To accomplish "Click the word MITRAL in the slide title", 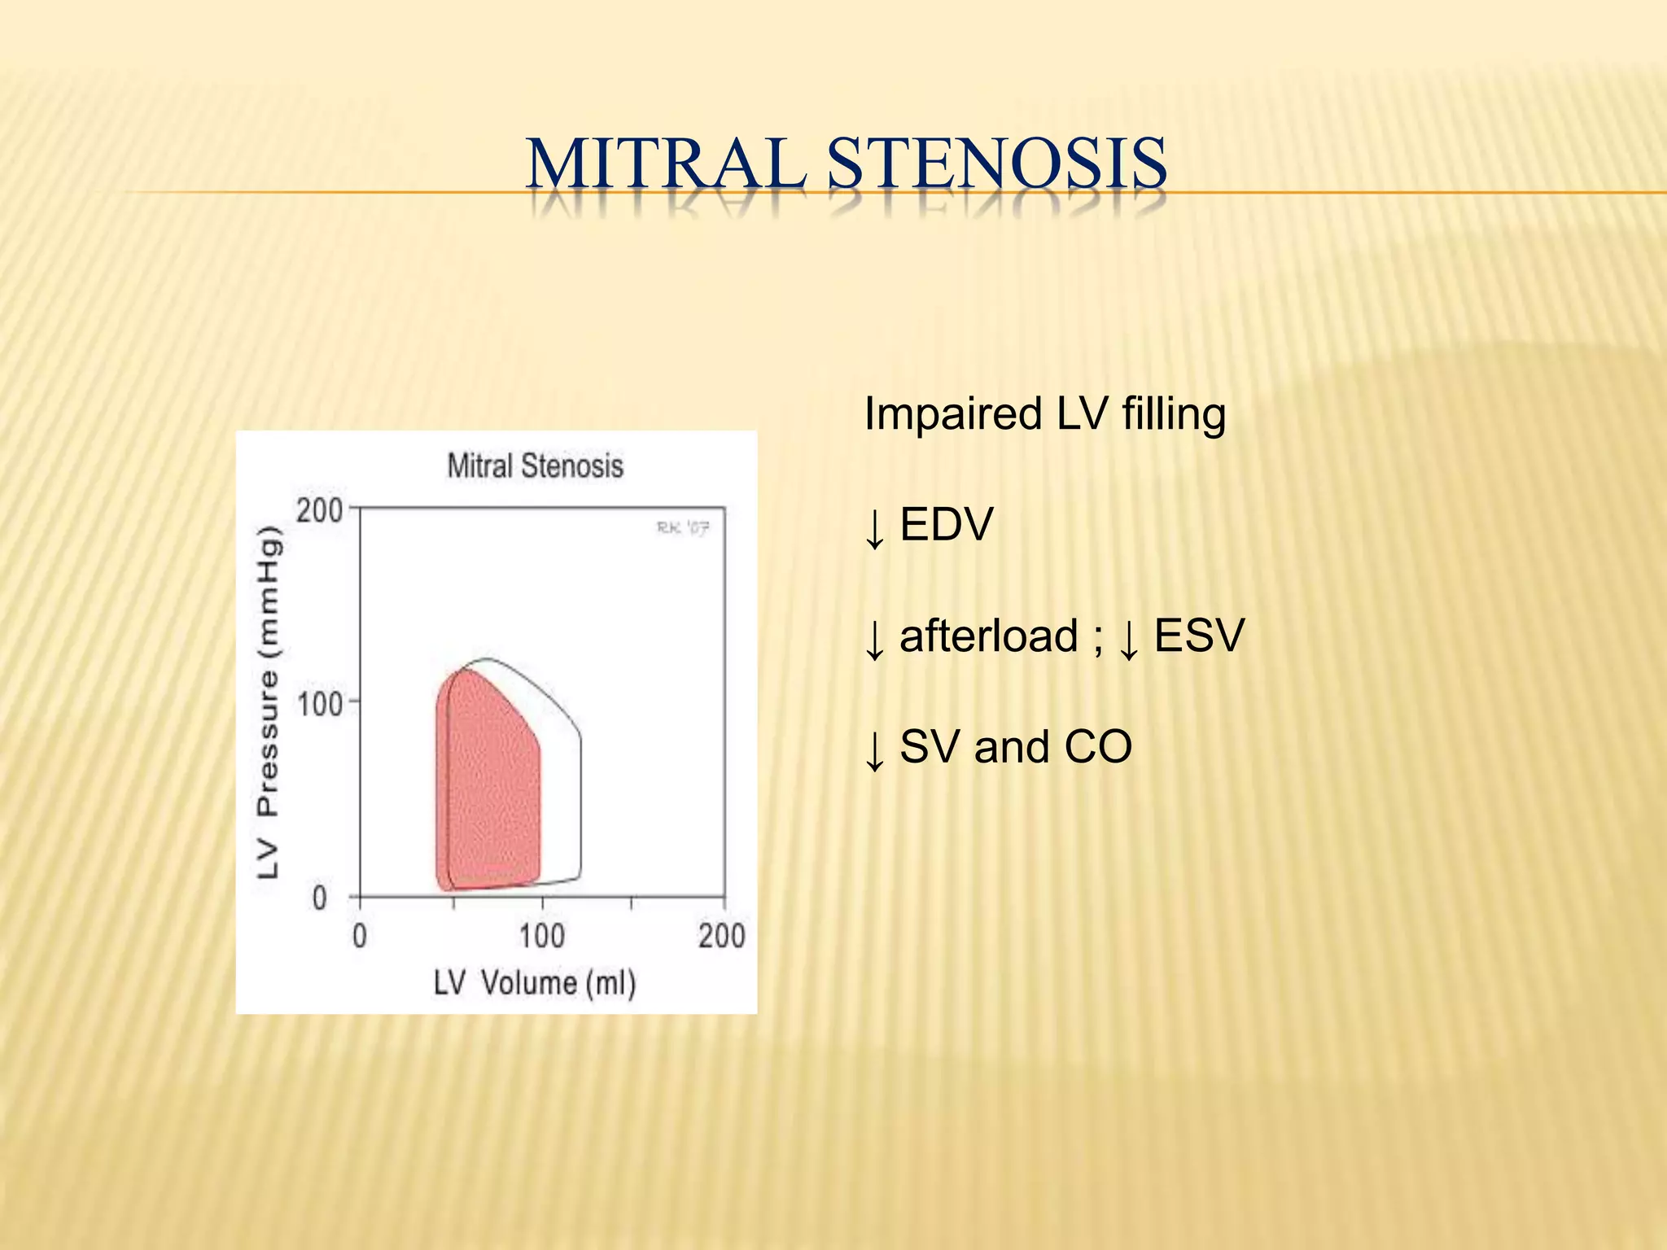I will click(x=666, y=164).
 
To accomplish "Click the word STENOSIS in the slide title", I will click(x=997, y=164).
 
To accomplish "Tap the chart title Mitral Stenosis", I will click(x=535, y=466).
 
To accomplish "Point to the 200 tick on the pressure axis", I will click(x=319, y=511).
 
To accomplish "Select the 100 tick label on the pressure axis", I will click(x=319, y=703).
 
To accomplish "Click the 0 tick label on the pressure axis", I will click(x=320, y=898).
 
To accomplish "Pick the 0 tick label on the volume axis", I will click(x=360, y=936).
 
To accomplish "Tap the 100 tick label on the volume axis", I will click(x=542, y=936).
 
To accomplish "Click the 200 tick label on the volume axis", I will click(x=721, y=936).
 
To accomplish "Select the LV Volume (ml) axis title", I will click(x=534, y=983).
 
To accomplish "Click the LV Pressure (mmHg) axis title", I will click(x=268, y=703).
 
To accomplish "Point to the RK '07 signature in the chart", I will click(x=683, y=529).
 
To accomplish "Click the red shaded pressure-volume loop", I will click(x=488, y=798).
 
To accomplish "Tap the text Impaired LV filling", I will click(x=1044, y=413).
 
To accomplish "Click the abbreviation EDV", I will click(x=947, y=524).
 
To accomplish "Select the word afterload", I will click(x=988, y=636).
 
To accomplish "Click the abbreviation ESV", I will click(x=1199, y=636).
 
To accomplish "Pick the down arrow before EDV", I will click(x=875, y=527).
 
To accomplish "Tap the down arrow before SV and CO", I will click(x=875, y=750).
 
